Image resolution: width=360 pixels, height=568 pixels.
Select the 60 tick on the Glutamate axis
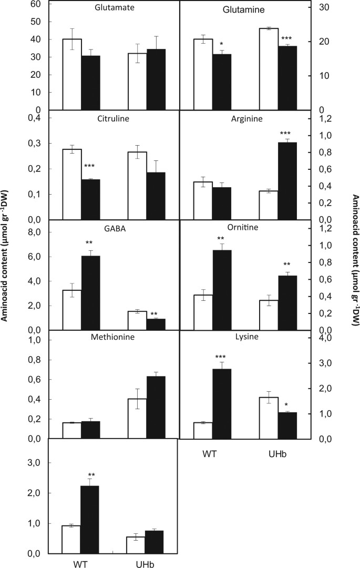[x=36, y=4]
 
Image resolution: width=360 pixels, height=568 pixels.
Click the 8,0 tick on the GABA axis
[x=35, y=230]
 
